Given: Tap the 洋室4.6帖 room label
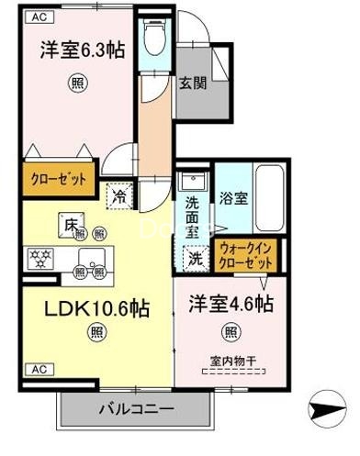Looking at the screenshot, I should coord(232,302).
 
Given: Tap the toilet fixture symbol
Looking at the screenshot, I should coord(153,38).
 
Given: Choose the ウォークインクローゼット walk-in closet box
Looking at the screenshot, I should coord(247,253).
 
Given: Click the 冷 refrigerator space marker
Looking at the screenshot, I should coord(118,195).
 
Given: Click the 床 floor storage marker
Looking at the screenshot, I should coord(70,222).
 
